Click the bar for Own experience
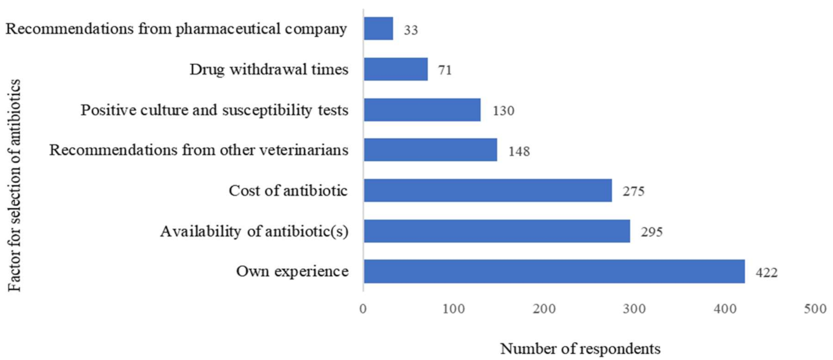(x=554, y=271)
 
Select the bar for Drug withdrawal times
(x=396, y=69)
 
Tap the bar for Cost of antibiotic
(x=487, y=190)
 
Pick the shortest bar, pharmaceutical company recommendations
(x=378, y=29)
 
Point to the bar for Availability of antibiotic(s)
(x=497, y=231)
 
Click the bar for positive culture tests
(x=422, y=110)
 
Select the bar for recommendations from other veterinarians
(x=430, y=150)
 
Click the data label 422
(x=766, y=273)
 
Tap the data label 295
(x=652, y=232)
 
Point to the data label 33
(x=410, y=30)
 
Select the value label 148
(x=519, y=151)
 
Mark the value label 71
(x=445, y=70)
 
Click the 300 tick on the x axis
(x=634, y=309)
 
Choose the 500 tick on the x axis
(x=815, y=309)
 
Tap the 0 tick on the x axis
(x=363, y=309)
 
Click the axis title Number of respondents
(x=580, y=349)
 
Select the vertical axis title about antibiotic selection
(x=15, y=186)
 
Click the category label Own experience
(x=292, y=271)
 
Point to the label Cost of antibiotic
(x=288, y=191)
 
